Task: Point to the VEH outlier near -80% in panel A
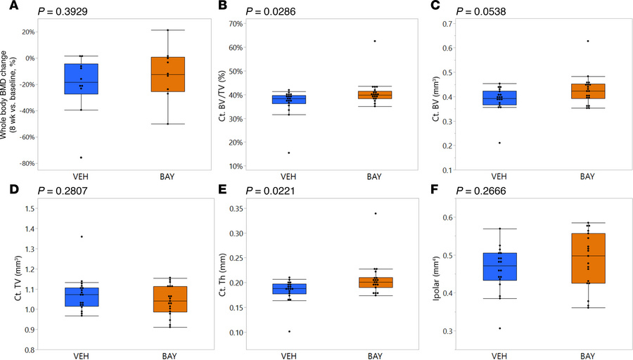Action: point(80,157)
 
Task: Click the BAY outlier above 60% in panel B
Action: point(296,41)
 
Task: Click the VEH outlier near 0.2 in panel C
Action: point(500,143)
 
